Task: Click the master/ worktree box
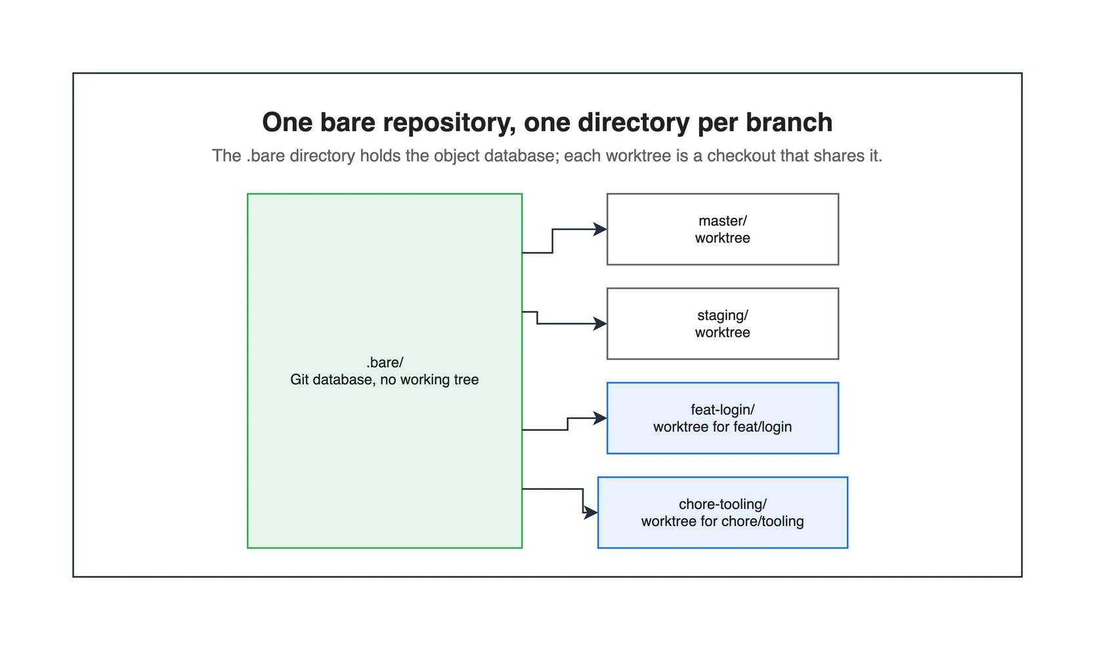coord(723,229)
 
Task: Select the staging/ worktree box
coord(723,324)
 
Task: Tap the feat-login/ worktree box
coord(723,418)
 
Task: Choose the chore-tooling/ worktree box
coord(723,513)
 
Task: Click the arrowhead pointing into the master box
coord(600,229)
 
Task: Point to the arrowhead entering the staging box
coord(600,324)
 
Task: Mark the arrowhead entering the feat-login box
coord(600,418)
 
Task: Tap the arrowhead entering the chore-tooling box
coord(591,513)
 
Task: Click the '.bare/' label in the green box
coord(385,362)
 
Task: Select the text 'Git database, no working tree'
coord(385,380)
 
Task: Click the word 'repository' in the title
coord(449,123)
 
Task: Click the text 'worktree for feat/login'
coord(723,427)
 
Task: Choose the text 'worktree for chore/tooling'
coord(723,521)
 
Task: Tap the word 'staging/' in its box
coord(723,315)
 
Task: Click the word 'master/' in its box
coord(723,221)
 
